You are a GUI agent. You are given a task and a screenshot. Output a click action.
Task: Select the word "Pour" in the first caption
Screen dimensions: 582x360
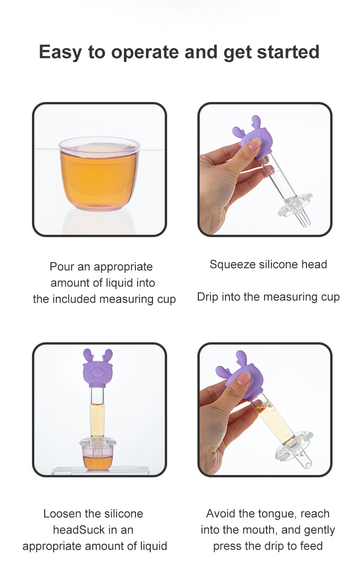click(62, 267)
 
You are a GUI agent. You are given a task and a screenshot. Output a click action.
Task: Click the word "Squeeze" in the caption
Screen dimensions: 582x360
click(231, 264)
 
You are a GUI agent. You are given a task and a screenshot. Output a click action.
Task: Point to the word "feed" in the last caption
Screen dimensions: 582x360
click(312, 546)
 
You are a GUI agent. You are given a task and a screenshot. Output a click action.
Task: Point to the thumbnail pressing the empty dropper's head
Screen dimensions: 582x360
click(255, 144)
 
